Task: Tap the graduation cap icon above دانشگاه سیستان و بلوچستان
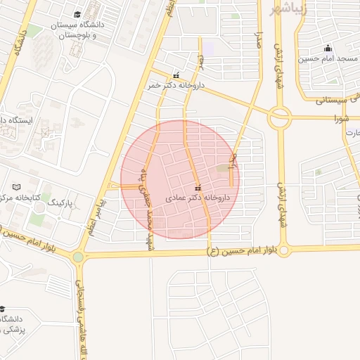(x=77, y=14)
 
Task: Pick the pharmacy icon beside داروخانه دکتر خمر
(x=176, y=75)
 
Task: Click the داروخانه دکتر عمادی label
(x=198, y=198)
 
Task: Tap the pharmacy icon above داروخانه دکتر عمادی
(x=198, y=188)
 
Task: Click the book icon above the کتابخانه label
(x=17, y=187)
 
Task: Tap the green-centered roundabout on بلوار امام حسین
(x=77, y=257)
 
